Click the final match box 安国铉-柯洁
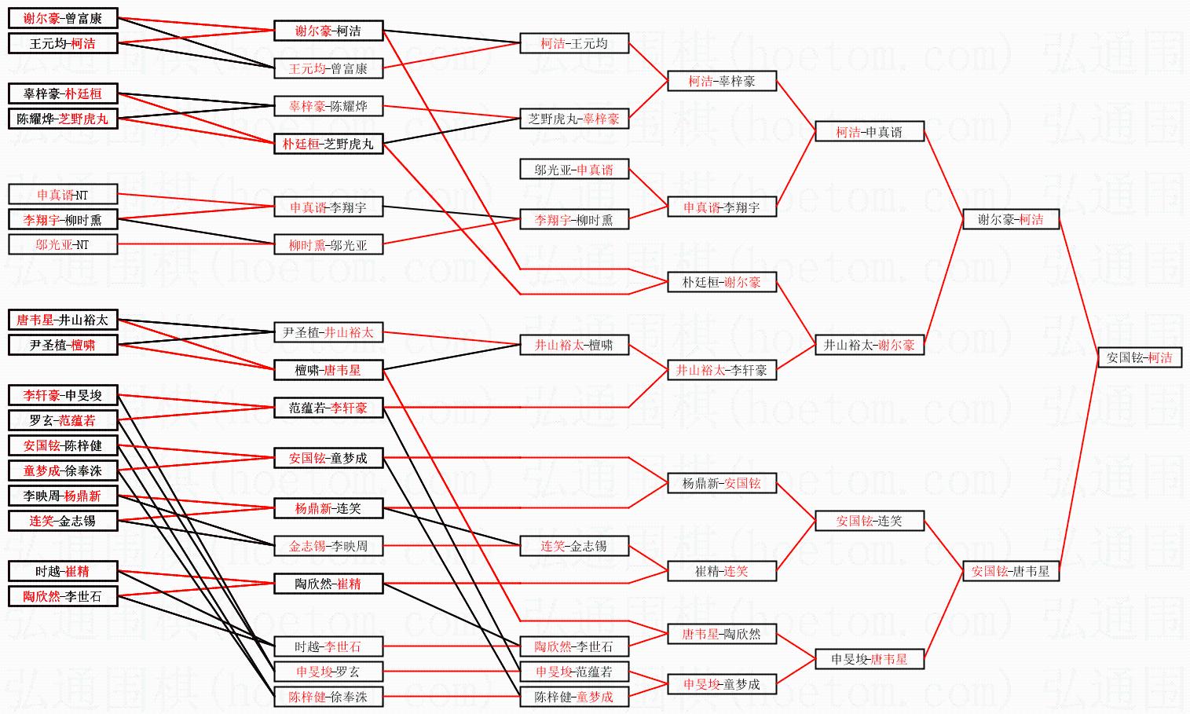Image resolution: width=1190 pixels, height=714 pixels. (1139, 357)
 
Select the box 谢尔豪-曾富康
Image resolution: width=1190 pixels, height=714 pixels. (63, 18)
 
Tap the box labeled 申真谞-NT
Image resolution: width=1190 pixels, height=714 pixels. (63, 195)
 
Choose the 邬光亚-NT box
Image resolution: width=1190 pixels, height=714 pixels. (63, 244)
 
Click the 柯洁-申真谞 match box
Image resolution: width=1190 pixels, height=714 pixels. (869, 132)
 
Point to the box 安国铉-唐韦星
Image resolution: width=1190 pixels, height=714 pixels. (1010, 571)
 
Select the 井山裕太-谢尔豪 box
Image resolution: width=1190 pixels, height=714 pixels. (869, 345)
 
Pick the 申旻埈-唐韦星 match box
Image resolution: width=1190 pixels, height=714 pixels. (869, 659)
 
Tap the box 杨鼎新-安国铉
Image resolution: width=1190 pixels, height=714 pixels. (721, 483)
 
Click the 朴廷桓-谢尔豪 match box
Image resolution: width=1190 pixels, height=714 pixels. (721, 282)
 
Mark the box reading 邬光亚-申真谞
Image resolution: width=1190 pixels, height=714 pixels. (573, 170)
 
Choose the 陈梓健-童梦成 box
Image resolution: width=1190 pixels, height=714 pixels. (573, 697)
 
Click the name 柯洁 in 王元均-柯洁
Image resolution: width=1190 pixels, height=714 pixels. (83, 43)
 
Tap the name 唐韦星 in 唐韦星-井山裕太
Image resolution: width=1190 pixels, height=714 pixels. (35, 320)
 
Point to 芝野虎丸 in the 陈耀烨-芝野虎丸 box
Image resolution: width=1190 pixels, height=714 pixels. (83, 119)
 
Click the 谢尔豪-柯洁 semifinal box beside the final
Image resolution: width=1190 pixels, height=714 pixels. (1010, 220)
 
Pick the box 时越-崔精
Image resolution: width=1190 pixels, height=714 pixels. (63, 571)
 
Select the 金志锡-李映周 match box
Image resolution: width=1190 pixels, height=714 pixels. (328, 546)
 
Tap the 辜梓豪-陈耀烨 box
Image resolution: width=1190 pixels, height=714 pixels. (328, 106)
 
